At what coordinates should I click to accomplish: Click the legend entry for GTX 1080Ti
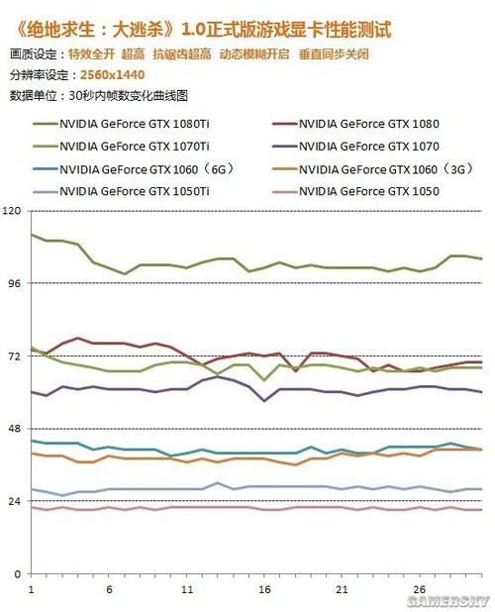[x=122, y=124]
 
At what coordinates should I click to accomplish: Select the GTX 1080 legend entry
[x=355, y=124]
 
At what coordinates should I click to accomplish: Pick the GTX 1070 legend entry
[x=355, y=147]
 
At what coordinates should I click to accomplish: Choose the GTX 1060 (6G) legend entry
[x=135, y=169]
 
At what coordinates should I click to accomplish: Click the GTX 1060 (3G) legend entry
[x=373, y=169]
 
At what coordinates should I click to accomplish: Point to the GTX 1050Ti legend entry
[x=122, y=191]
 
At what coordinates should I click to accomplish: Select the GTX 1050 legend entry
[x=355, y=191]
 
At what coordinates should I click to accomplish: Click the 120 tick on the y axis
[x=11, y=211]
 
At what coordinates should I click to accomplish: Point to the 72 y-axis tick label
[x=15, y=356]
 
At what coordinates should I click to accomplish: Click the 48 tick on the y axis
[x=15, y=429]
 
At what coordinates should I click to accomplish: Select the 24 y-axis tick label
[x=15, y=501]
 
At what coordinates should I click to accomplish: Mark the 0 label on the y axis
[x=18, y=574]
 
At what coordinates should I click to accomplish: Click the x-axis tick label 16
[x=264, y=589]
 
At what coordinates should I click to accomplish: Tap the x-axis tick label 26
[x=420, y=589]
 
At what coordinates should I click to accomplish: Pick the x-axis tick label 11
[x=187, y=589]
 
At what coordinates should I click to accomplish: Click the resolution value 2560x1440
[x=112, y=74]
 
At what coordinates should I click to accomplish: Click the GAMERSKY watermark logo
[x=447, y=601]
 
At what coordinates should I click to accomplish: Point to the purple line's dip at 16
[x=264, y=400]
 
